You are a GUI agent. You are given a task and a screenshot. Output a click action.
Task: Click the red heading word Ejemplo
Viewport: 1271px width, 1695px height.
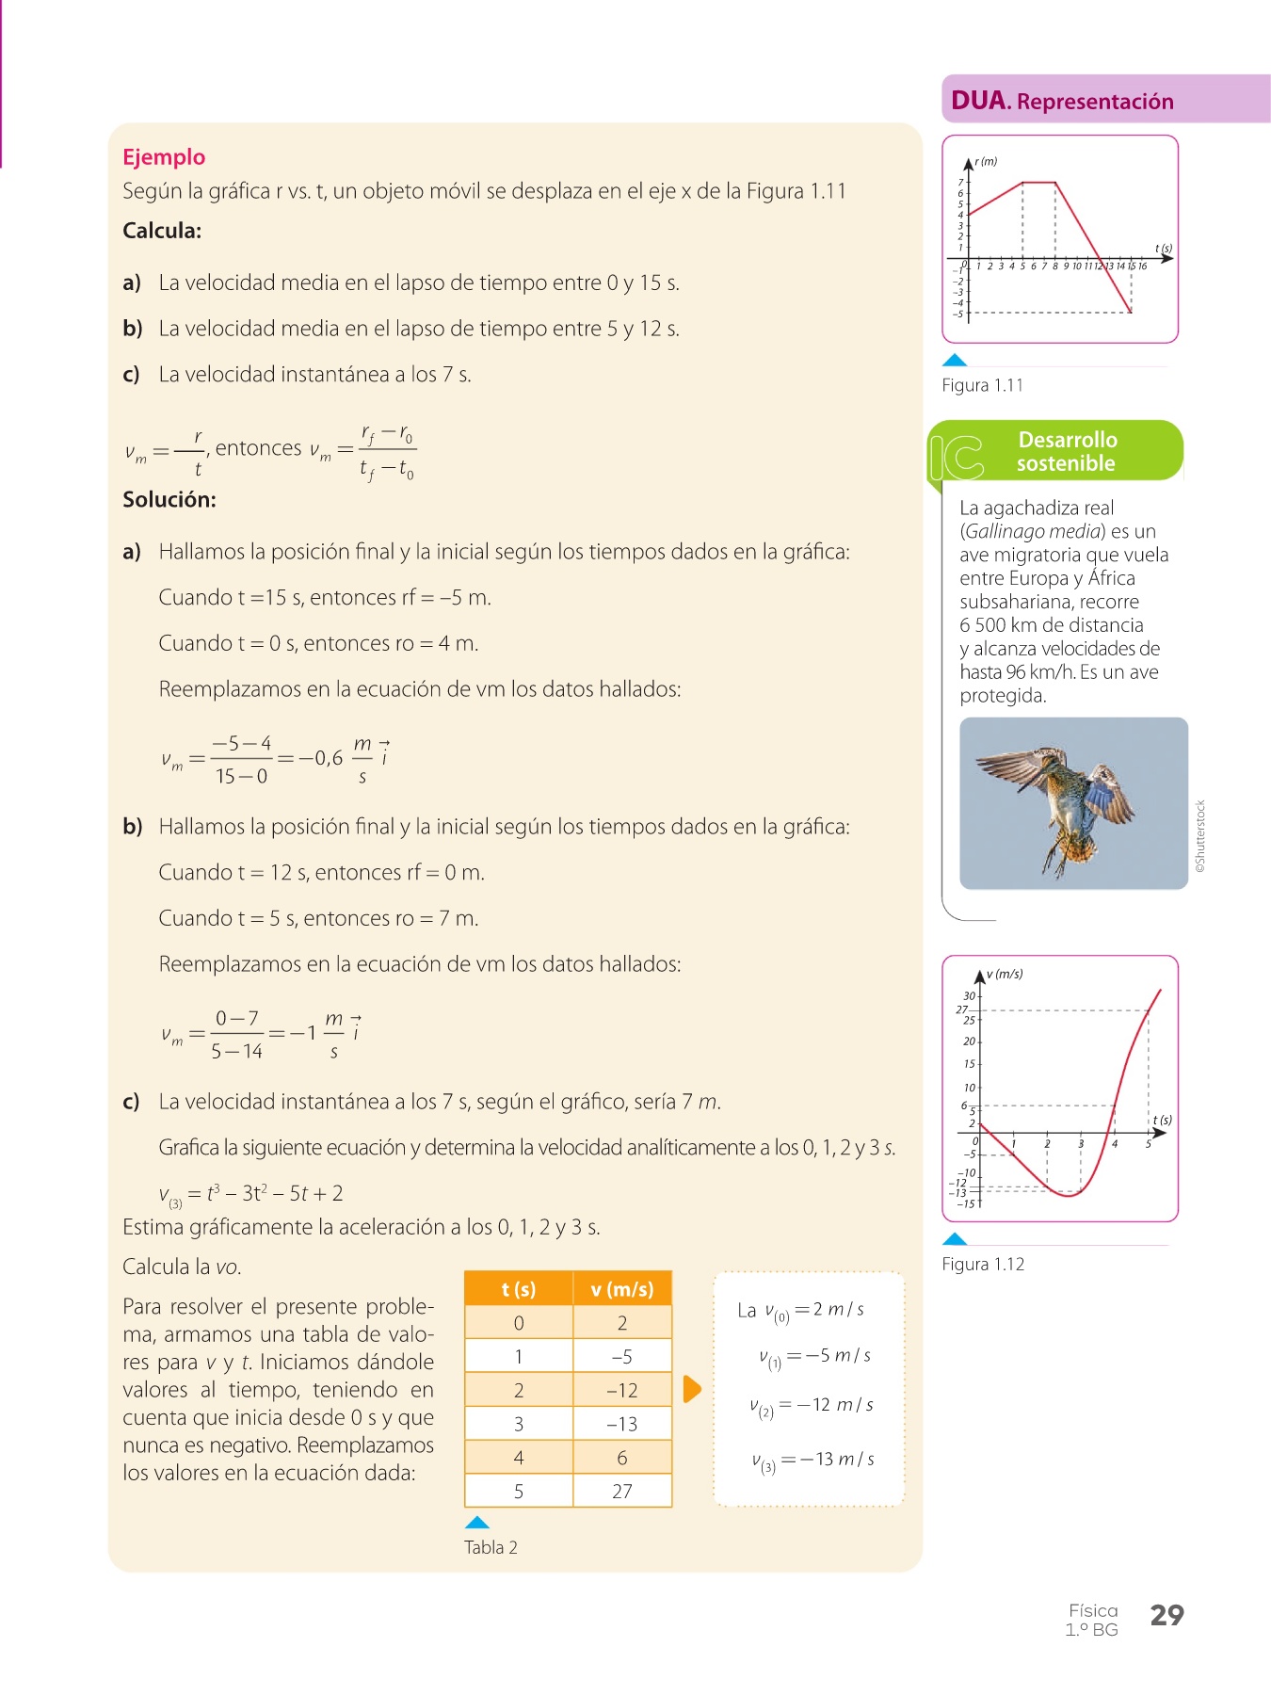(164, 157)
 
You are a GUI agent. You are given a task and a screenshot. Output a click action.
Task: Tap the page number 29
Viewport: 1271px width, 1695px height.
(1166, 1615)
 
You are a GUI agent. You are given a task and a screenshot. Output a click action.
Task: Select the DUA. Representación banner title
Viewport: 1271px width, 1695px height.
(1062, 101)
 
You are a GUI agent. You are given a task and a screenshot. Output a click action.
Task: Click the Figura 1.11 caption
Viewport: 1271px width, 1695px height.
(982, 385)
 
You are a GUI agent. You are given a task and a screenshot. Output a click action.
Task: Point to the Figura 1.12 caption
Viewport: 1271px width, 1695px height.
(983, 1264)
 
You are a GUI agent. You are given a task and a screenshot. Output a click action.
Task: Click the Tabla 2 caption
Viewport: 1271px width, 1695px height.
(491, 1547)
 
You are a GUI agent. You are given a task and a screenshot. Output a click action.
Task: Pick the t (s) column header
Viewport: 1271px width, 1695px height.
(519, 1289)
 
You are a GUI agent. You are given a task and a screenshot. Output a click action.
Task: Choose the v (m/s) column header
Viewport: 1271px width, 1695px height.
(622, 1289)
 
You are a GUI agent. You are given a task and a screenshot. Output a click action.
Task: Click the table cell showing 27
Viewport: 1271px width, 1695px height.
(622, 1492)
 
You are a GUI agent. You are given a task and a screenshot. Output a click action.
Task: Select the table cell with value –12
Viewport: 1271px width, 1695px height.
(622, 1390)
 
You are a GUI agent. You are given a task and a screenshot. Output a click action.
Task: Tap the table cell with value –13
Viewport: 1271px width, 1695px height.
(622, 1424)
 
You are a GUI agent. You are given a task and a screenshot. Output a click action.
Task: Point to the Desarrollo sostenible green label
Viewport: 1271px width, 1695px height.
(1067, 451)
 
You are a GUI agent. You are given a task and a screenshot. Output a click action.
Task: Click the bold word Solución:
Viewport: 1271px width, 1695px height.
(169, 500)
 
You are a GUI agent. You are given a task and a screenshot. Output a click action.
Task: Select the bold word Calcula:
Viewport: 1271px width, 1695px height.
(162, 231)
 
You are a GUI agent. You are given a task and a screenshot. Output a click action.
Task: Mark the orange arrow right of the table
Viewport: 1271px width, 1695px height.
(692, 1389)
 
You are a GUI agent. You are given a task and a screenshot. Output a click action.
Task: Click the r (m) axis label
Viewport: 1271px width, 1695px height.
(986, 162)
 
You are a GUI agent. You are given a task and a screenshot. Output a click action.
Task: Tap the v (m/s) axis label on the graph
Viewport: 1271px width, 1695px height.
(1005, 975)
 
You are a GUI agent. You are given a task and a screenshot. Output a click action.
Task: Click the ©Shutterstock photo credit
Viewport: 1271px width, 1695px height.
(1200, 836)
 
